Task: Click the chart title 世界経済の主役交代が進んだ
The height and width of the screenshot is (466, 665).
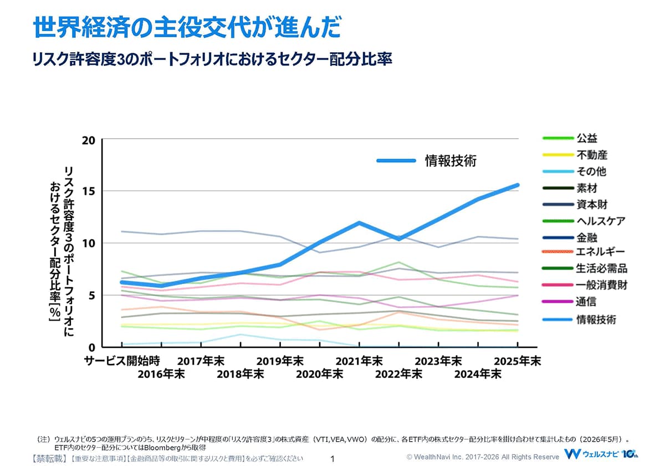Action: (x=187, y=27)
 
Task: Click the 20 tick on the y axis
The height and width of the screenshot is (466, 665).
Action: (x=89, y=140)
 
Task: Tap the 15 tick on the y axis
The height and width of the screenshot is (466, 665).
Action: (x=89, y=191)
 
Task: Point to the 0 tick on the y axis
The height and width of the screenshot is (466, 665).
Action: (x=92, y=347)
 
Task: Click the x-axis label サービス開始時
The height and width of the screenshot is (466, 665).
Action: (x=122, y=361)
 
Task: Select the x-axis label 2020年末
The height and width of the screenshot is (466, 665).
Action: (x=319, y=374)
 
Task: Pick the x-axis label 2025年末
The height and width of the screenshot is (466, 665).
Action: (x=518, y=361)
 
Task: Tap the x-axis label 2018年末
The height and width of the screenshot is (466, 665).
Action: (x=240, y=374)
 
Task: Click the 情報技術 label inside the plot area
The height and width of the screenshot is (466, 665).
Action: (x=451, y=161)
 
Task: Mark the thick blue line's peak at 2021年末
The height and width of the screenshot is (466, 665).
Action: (x=359, y=222)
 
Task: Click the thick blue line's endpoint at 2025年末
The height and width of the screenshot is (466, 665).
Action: (x=518, y=185)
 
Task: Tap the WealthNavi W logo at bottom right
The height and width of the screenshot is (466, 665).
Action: (x=572, y=454)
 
